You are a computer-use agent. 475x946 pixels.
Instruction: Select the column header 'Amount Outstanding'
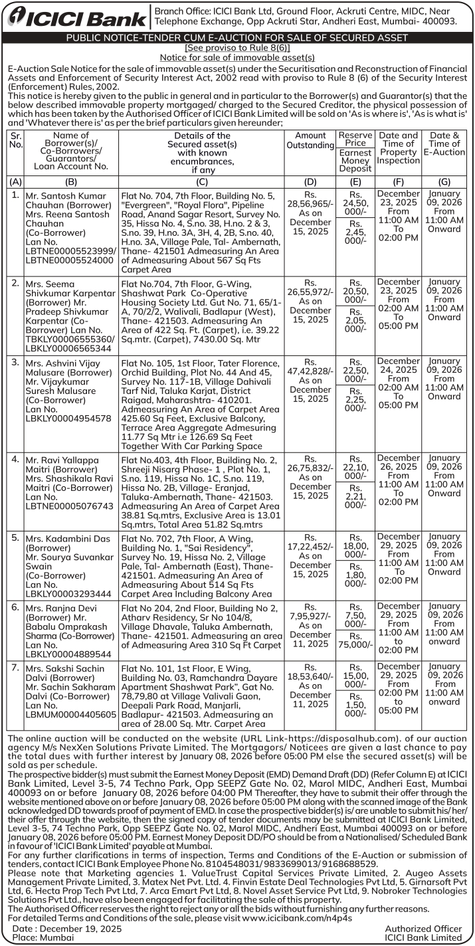tap(310, 140)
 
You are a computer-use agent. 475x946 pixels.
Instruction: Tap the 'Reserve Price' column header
tap(355, 139)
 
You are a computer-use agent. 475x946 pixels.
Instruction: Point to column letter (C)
tap(202, 181)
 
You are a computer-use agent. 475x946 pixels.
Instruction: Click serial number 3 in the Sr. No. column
tap(15, 362)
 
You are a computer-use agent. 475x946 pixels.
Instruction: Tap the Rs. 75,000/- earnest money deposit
tap(355, 644)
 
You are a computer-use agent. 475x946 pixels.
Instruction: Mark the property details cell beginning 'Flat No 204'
tap(202, 626)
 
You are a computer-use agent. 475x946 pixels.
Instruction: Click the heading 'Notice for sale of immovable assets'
tap(237, 58)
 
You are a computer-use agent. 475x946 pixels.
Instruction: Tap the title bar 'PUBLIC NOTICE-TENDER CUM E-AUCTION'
tap(237, 38)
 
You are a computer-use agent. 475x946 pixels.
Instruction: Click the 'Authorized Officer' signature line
tap(423, 928)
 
